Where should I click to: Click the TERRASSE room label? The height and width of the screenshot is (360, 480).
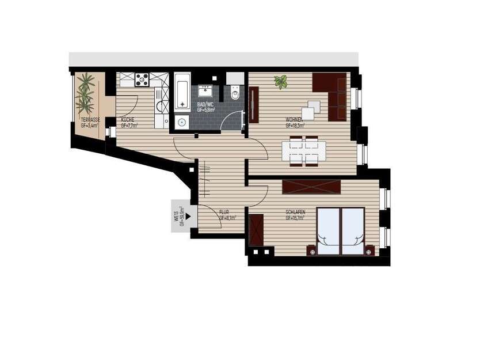pos(90,119)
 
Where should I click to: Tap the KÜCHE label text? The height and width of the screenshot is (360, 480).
pos(128,119)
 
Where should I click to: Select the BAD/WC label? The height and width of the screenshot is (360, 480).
pos(205,103)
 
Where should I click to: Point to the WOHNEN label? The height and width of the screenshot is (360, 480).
pos(295,119)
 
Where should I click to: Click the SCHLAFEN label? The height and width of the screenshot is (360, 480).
pos(295,213)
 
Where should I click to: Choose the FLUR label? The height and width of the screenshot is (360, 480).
pos(225,213)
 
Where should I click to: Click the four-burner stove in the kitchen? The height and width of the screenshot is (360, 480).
pos(142,79)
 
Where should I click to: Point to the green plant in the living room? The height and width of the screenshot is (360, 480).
pos(281,82)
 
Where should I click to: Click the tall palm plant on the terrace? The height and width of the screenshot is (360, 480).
pos(87,92)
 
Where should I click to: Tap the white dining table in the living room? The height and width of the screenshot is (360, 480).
pos(303,151)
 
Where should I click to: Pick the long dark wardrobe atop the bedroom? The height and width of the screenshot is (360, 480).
pos(312,187)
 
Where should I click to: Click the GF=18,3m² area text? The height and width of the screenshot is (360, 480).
pos(295,124)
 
